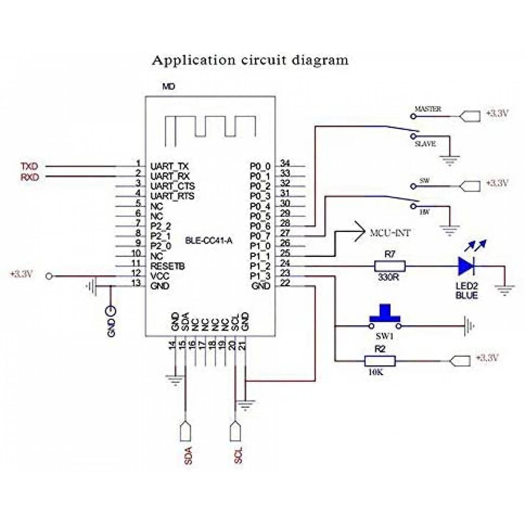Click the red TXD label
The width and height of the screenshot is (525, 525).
(x=30, y=166)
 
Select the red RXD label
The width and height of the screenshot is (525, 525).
(x=30, y=177)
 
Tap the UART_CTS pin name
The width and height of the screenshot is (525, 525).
(x=173, y=186)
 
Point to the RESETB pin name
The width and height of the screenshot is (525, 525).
(x=167, y=266)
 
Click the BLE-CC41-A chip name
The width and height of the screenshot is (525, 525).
(x=209, y=241)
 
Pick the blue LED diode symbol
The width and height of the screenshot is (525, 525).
(x=466, y=266)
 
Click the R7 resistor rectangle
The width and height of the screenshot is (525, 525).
(x=390, y=266)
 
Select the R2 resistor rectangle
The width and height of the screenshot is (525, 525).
(x=380, y=361)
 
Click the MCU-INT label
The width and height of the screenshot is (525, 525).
(x=390, y=233)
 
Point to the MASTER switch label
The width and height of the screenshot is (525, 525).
(x=428, y=109)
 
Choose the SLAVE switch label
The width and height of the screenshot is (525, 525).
(x=425, y=144)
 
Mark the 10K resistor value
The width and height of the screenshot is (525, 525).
(x=376, y=372)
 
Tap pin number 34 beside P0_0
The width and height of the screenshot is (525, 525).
(x=285, y=163)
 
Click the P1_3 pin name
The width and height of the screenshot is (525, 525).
(x=260, y=276)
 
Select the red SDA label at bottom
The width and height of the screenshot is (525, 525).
(x=188, y=455)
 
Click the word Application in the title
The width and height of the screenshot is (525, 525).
(x=194, y=60)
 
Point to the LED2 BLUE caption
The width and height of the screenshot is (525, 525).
(x=466, y=291)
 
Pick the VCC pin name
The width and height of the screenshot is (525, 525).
(x=160, y=276)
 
